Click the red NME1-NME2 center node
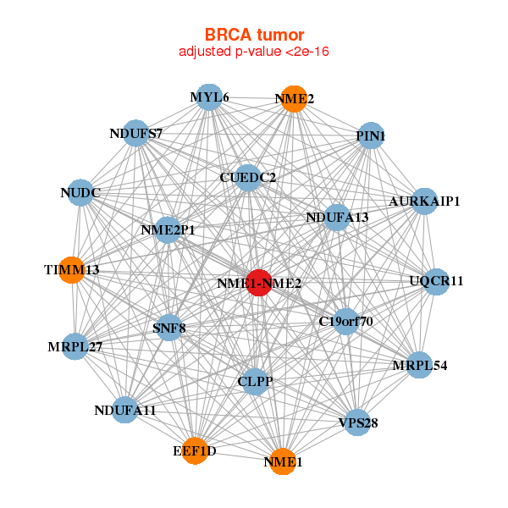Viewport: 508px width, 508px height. coord(258,283)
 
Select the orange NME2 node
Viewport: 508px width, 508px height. coord(294,99)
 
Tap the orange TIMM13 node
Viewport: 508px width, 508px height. coord(72,270)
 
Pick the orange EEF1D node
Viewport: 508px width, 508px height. coord(196,450)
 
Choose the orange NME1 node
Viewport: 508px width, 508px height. coord(282,461)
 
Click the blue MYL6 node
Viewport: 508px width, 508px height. coord(208,97)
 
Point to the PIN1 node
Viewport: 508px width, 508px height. coord(371,135)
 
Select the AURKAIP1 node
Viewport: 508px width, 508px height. coord(424,202)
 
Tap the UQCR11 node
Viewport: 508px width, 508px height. coord(436,281)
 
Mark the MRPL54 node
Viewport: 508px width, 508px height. coord(419,365)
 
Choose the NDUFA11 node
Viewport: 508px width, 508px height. coord(125,411)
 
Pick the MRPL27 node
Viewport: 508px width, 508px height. coord(75,346)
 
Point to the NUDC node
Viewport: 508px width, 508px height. coord(80,194)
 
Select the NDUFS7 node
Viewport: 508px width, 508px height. coord(136,134)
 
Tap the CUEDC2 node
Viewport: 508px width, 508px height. coord(247,177)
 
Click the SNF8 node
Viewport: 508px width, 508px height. coord(168,327)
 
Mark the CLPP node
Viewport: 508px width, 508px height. coord(256,382)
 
